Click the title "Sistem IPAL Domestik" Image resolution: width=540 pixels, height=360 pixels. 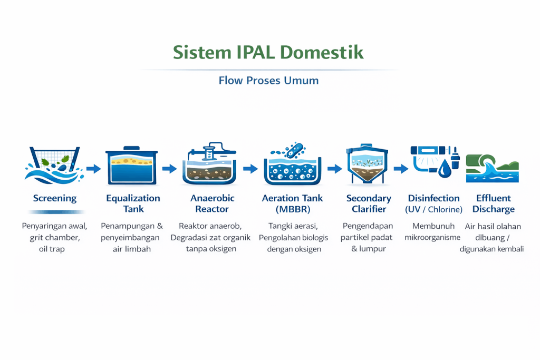pyautogui.click(x=268, y=53)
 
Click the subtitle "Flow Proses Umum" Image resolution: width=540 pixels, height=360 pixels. pyautogui.click(x=268, y=81)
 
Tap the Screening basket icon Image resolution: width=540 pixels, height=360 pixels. pyautogui.click(x=54, y=163)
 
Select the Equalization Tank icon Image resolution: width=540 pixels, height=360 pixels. pyautogui.click(x=131, y=166)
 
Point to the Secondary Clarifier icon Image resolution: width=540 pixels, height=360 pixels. pyautogui.click(x=369, y=164)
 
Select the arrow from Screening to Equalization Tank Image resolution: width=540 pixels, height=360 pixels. pyautogui.click(x=93, y=169)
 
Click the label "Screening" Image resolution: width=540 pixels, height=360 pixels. pyautogui.click(x=54, y=199)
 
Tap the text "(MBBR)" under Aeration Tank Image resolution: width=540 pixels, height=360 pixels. pyautogui.click(x=292, y=209)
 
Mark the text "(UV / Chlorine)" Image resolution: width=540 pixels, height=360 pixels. pyautogui.click(x=433, y=209)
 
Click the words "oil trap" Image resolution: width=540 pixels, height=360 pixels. pyautogui.click(x=52, y=249)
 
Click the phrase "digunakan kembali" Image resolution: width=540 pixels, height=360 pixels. pyautogui.click(x=491, y=249)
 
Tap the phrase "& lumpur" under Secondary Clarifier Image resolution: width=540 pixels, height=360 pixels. pyautogui.click(x=369, y=249)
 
